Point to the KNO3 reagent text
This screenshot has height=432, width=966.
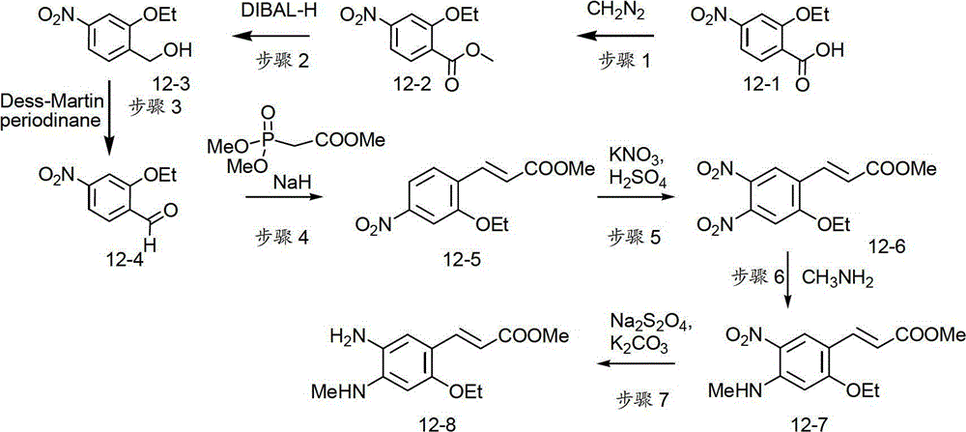[x=629, y=154]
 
